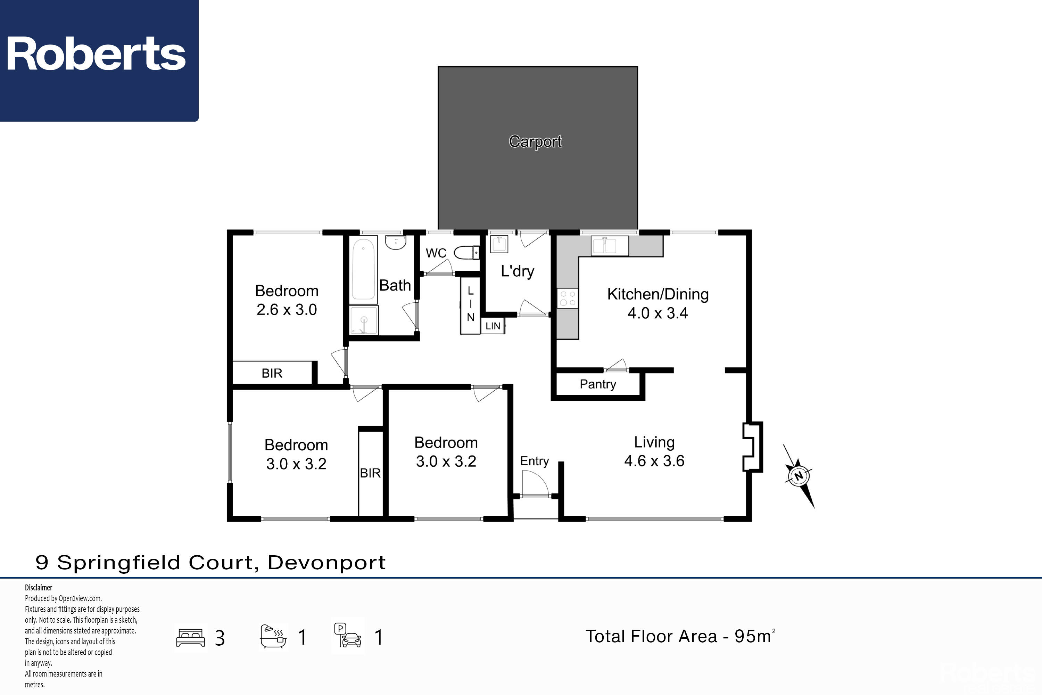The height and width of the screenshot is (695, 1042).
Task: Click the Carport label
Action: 535,141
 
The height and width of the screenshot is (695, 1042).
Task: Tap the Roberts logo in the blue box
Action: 96,54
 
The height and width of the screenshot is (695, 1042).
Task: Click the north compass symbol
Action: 799,476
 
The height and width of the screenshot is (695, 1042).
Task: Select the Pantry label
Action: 598,384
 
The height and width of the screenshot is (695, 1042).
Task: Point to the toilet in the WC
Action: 466,253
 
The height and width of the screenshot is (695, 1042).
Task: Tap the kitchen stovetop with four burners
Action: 568,298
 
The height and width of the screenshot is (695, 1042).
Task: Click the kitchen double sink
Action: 610,246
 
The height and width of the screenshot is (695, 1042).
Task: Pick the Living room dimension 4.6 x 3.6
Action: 654,461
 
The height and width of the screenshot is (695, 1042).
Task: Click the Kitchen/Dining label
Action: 658,294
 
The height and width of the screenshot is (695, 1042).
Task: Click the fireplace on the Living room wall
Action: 753,446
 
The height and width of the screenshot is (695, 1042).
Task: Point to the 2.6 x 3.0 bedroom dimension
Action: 287,309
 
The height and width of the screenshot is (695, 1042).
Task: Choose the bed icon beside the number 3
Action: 190,638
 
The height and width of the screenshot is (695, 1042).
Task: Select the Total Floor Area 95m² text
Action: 680,636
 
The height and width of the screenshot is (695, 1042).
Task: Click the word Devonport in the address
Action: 327,563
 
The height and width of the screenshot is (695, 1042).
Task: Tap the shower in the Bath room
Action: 364,320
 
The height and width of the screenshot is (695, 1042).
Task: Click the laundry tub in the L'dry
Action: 499,244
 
